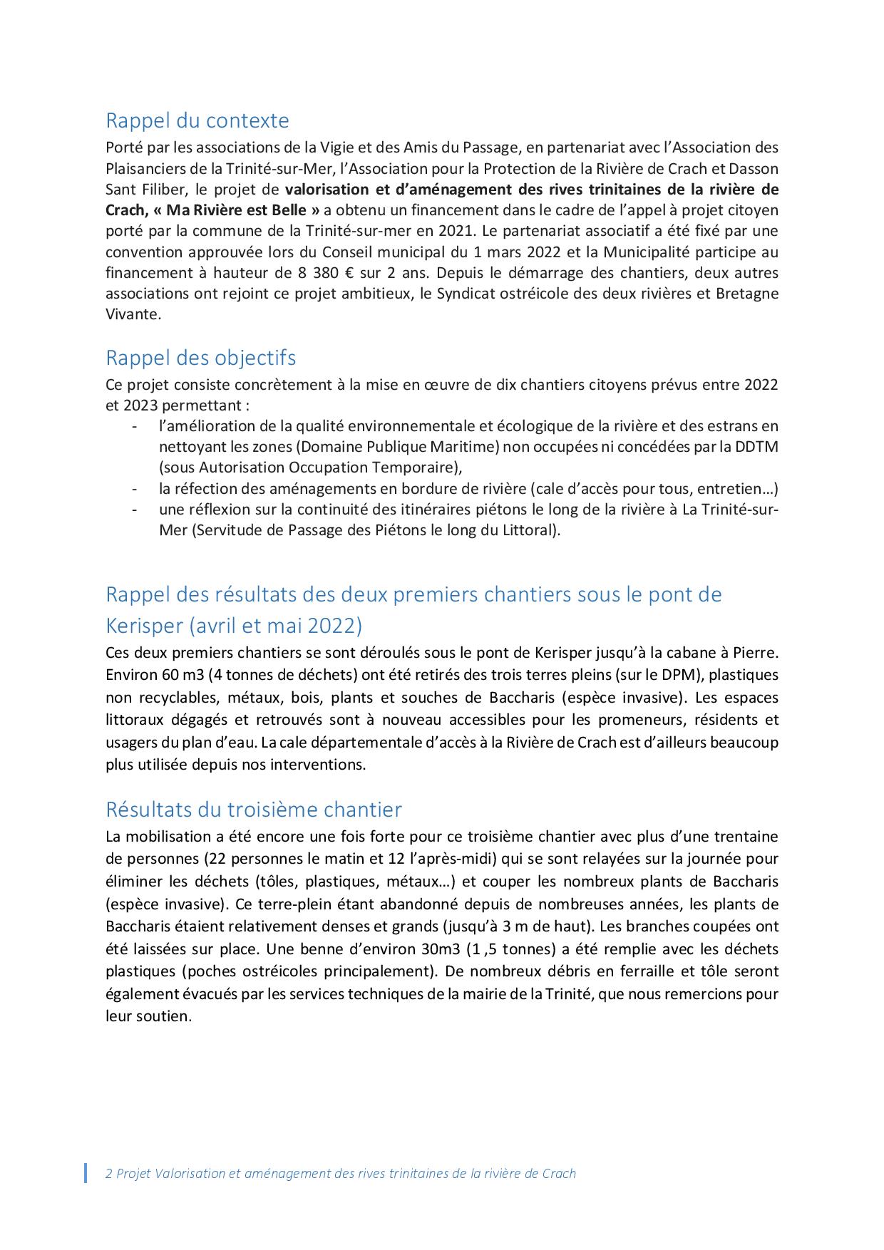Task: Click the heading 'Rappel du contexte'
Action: pyautogui.click(x=197, y=120)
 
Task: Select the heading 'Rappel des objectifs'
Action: pyautogui.click(x=200, y=357)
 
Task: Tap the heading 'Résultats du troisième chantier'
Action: pyautogui.click(x=253, y=810)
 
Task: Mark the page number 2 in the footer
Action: pyautogui.click(x=108, y=1174)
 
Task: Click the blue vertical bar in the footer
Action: pyautogui.click(x=86, y=1173)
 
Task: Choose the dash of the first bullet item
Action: pyautogui.click(x=134, y=427)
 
